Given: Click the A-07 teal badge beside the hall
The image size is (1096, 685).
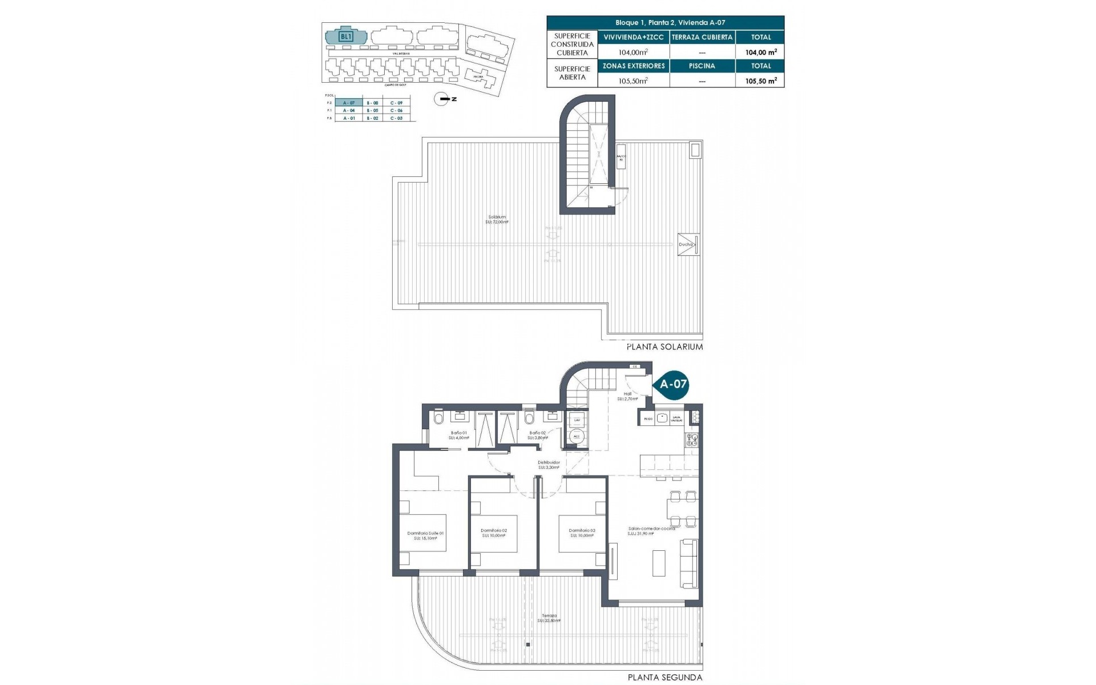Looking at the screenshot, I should (672, 384).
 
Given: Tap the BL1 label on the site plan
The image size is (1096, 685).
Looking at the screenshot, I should (345, 37).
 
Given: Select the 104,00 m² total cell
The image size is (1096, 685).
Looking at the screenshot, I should (760, 52).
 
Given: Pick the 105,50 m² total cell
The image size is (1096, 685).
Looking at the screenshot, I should (760, 81).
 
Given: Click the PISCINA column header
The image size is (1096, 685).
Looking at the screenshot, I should (702, 66).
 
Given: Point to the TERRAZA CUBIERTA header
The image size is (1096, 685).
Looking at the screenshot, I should (702, 37).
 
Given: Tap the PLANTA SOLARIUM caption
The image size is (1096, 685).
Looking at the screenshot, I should (664, 346).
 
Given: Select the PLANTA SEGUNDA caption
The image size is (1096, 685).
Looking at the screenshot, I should (665, 678).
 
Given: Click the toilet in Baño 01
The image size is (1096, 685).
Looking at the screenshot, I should (438, 420).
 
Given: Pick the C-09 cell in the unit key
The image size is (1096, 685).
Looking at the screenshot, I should (396, 103).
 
